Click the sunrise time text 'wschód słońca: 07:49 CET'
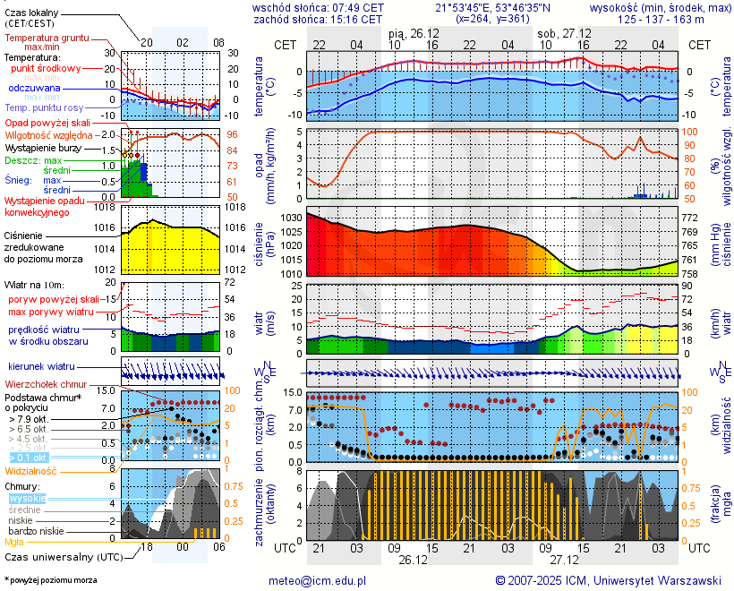tap(318, 7)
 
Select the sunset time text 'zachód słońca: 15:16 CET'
tap(318, 19)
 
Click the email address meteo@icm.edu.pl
tap(318, 580)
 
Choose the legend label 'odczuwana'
tap(34, 89)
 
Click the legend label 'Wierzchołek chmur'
tap(48, 383)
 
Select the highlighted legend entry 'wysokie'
tap(26, 498)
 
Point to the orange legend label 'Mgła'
tap(14, 542)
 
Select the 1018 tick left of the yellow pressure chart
tap(106, 207)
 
